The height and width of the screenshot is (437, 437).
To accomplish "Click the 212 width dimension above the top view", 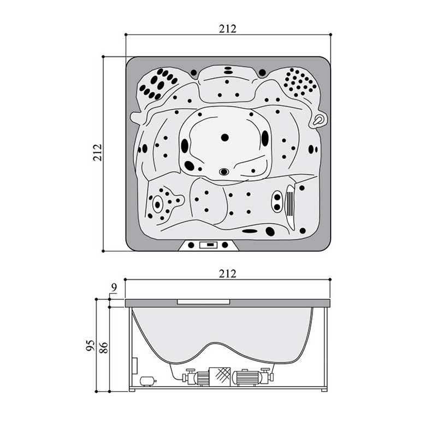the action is pos(227,29).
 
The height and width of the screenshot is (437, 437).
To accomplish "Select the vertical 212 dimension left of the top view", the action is pos(98,152).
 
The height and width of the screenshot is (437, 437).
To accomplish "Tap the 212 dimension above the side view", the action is pos(227,274).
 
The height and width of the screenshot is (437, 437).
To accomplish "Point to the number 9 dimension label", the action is pos(114,288).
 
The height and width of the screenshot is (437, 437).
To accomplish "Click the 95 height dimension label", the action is pos(90,346).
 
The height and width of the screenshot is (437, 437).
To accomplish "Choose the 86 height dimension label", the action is pos(103,347).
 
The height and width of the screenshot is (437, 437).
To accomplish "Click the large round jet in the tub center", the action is pos(225,138).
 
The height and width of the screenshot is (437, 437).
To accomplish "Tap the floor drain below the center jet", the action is pos(224,172).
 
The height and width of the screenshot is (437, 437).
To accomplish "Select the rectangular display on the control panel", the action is pos(208,245).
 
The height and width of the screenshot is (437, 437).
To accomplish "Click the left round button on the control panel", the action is pos(191,245).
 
